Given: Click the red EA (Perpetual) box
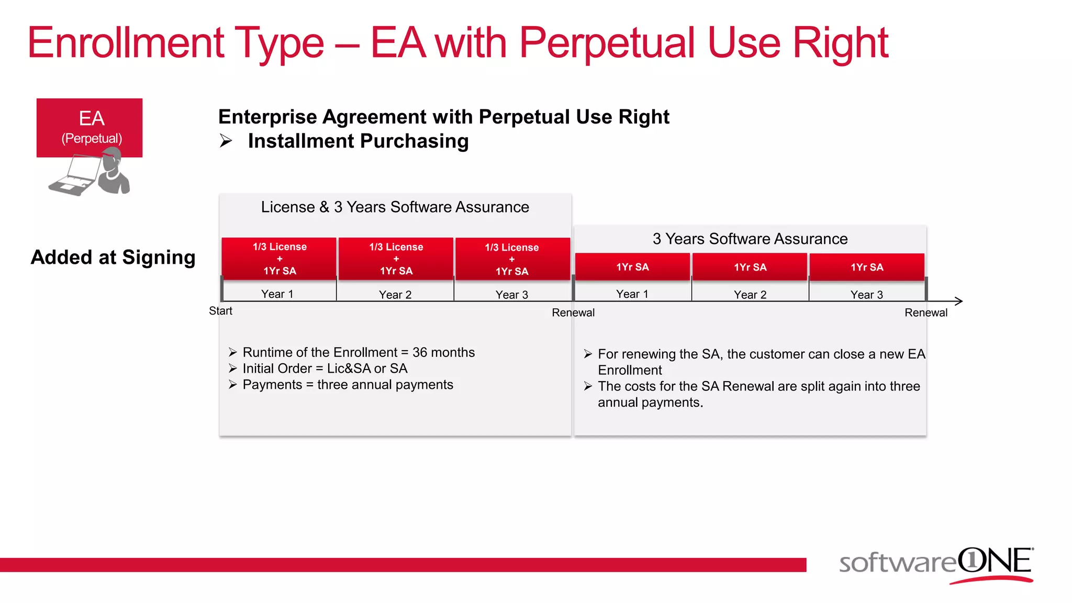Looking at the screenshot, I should (x=89, y=127).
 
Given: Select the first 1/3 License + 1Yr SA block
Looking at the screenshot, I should (x=279, y=259).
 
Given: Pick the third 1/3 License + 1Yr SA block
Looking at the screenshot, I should (x=512, y=259).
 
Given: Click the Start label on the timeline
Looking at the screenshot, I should (x=220, y=311).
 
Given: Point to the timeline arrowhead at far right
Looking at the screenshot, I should (x=959, y=301).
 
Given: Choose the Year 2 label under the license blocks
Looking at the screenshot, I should (x=395, y=295).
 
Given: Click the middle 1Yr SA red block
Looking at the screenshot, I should (x=750, y=267).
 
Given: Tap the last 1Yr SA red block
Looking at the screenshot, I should (x=867, y=267).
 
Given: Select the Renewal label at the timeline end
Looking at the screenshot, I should (x=926, y=312).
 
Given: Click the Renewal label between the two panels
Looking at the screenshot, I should (x=573, y=312).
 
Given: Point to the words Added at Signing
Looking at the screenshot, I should (x=113, y=257).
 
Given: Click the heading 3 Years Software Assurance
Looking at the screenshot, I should (x=750, y=239).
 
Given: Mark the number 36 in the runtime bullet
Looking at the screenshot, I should (x=420, y=352).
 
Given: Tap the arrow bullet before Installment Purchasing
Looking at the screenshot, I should (x=226, y=141).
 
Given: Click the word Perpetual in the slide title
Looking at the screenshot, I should (x=608, y=43).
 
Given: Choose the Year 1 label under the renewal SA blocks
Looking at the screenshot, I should (x=632, y=294).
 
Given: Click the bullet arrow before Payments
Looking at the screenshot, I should (x=233, y=385).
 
